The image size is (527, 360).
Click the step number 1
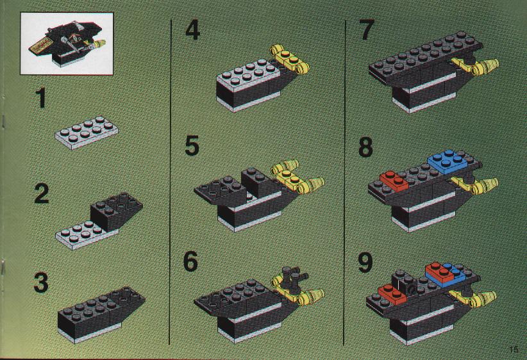[x=41, y=97]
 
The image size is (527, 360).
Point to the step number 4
[x=192, y=29]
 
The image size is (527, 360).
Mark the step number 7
[x=366, y=29]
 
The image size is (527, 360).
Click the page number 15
[x=514, y=349]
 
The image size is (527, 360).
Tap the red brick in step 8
[x=394, y=181]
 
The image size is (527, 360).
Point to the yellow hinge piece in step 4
[x=289, y=60]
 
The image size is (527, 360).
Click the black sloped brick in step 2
[x=115, y=211]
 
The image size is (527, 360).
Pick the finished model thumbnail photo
[x=67, y=44]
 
